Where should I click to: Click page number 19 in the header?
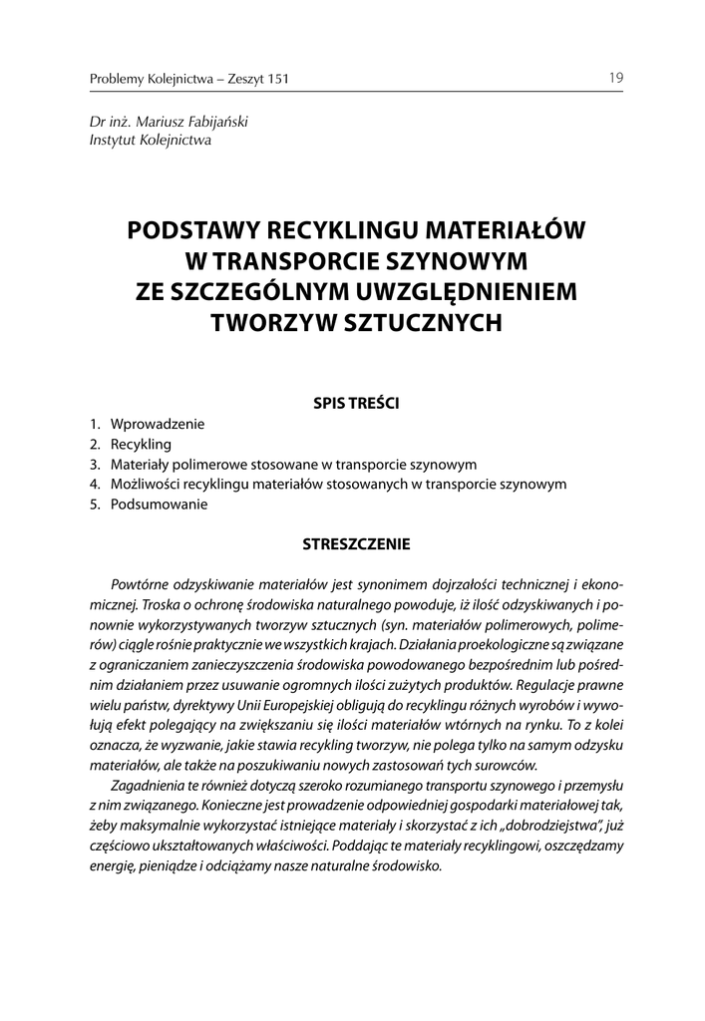(617, 78)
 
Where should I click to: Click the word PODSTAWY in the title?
(189, 230)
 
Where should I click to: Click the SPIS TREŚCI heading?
(356, 404)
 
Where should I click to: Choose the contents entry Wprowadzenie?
(158, 424)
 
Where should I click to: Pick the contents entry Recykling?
(141, 444)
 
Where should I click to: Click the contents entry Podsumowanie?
(159, 505)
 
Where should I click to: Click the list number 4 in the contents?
(93, 485)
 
